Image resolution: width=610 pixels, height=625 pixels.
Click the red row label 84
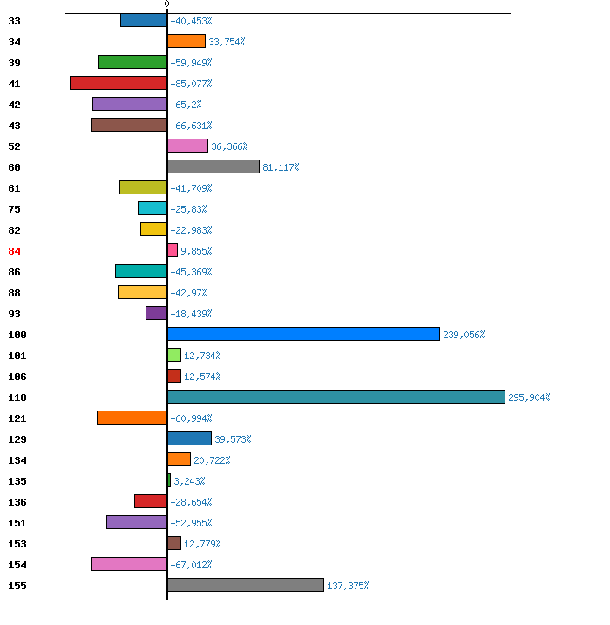(14, 251)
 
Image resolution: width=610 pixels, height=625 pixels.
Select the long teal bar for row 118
(336, 397)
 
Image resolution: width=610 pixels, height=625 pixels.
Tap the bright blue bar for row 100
(303, 334)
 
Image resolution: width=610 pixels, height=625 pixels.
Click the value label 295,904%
(529, 397)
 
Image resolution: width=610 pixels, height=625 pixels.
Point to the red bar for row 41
(119, 83)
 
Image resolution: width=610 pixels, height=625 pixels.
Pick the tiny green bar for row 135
(169, 480)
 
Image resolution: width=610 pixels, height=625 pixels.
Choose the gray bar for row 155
(246, 585)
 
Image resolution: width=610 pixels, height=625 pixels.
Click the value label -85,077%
(191, 84)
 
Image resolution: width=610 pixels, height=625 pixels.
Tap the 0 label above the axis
(167, 4)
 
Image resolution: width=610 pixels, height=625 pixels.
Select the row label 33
(14, 21)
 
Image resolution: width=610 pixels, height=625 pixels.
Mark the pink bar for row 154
(129, 564)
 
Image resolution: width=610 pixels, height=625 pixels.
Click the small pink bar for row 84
(173, 250)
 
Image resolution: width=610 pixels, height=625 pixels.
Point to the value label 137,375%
(348, 586)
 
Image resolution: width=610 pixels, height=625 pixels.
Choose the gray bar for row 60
(213, 166)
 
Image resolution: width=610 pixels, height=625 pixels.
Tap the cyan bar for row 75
(152, 208)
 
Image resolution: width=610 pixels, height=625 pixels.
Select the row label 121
(17, 418)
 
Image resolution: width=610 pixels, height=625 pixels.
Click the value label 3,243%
(189, 481)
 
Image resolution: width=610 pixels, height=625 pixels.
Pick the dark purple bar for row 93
(157, 313)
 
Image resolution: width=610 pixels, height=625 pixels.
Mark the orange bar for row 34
(186, 41)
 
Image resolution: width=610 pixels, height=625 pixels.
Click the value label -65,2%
(186, 105)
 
